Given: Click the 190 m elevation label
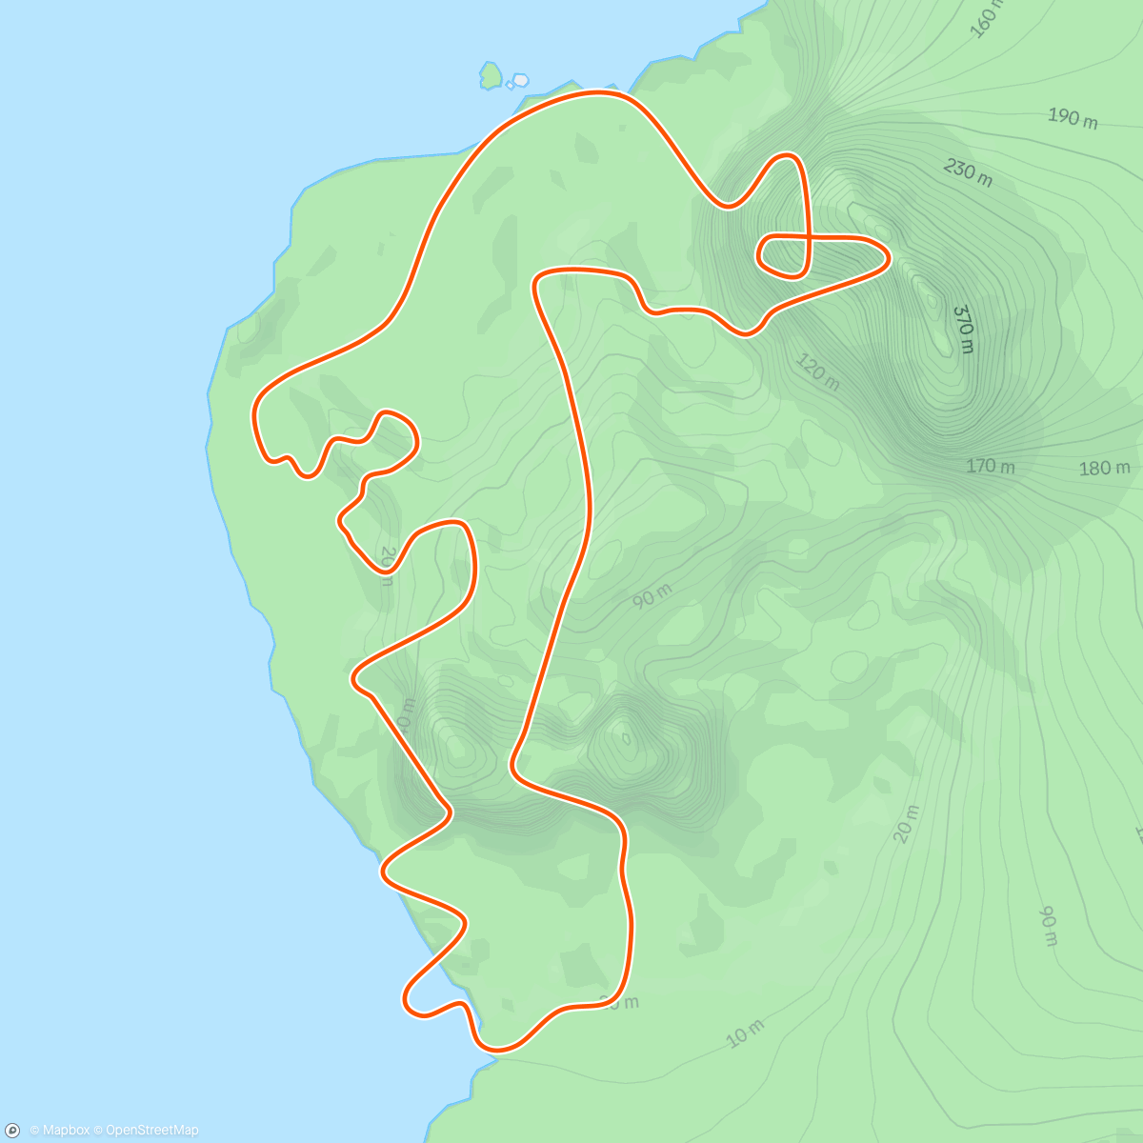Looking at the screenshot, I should point(1073,117).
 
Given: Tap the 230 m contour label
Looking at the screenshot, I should point(968,172).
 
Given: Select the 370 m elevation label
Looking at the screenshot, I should point(963,329).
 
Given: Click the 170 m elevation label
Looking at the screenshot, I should point(991,467).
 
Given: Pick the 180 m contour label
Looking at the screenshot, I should point(1105,468).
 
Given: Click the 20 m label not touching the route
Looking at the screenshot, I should point(907,824).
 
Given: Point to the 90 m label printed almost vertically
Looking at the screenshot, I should point(1048,926).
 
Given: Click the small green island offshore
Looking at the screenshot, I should point(491,75).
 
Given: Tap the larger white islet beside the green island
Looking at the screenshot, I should point(520,81).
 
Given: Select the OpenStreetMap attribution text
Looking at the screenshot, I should point(151,1131).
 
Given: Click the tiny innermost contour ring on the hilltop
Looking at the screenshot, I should point(625,737).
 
